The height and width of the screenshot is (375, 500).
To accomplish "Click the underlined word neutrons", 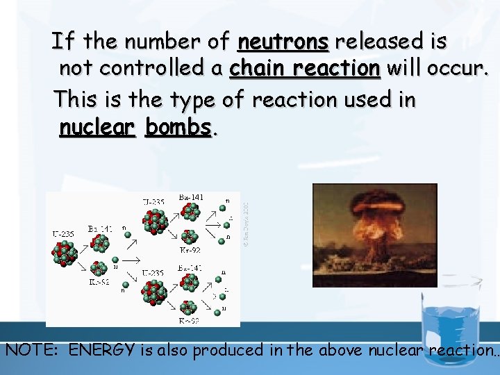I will [283, 42].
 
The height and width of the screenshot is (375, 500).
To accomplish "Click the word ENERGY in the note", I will [103, 350].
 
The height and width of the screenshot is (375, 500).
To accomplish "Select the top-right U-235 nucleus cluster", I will [154, 222].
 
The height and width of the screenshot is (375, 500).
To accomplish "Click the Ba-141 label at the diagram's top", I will [191, 197].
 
